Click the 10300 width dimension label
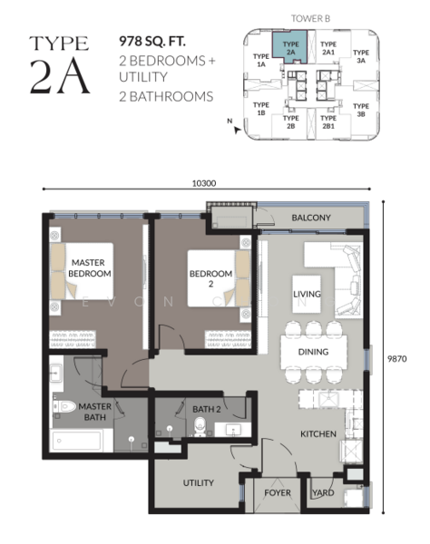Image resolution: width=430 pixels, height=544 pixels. click(204, 183)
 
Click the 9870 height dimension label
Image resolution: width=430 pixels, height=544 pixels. click(397, 358)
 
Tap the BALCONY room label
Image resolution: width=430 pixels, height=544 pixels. click(311, 218)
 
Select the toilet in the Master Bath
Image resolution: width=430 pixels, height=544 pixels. click(64, 406)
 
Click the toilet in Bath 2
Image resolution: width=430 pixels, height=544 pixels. click(200, 427)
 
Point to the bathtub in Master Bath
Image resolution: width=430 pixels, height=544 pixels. click(78, 441)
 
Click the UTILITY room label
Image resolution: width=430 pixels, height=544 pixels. click(198, 482)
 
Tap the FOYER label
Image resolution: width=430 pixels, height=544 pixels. click(278, 492)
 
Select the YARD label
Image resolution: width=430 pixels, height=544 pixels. click(323, 492)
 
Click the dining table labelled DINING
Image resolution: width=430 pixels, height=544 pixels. click(314, 352)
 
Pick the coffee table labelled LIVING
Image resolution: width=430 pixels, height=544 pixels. click(307, 294)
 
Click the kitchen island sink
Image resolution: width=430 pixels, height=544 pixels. click(328, 399)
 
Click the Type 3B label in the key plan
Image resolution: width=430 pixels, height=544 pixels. click(361, 110)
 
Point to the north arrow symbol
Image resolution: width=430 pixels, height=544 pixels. click(238, 131)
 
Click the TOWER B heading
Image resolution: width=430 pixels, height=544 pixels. click(310, 18)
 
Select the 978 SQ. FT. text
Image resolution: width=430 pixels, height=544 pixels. click(152, 42)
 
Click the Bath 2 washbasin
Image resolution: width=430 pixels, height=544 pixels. click(233, 430)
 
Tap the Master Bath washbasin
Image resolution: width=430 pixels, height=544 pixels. click(56, 374)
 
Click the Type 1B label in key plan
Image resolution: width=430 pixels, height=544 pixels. click(261, 109)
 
